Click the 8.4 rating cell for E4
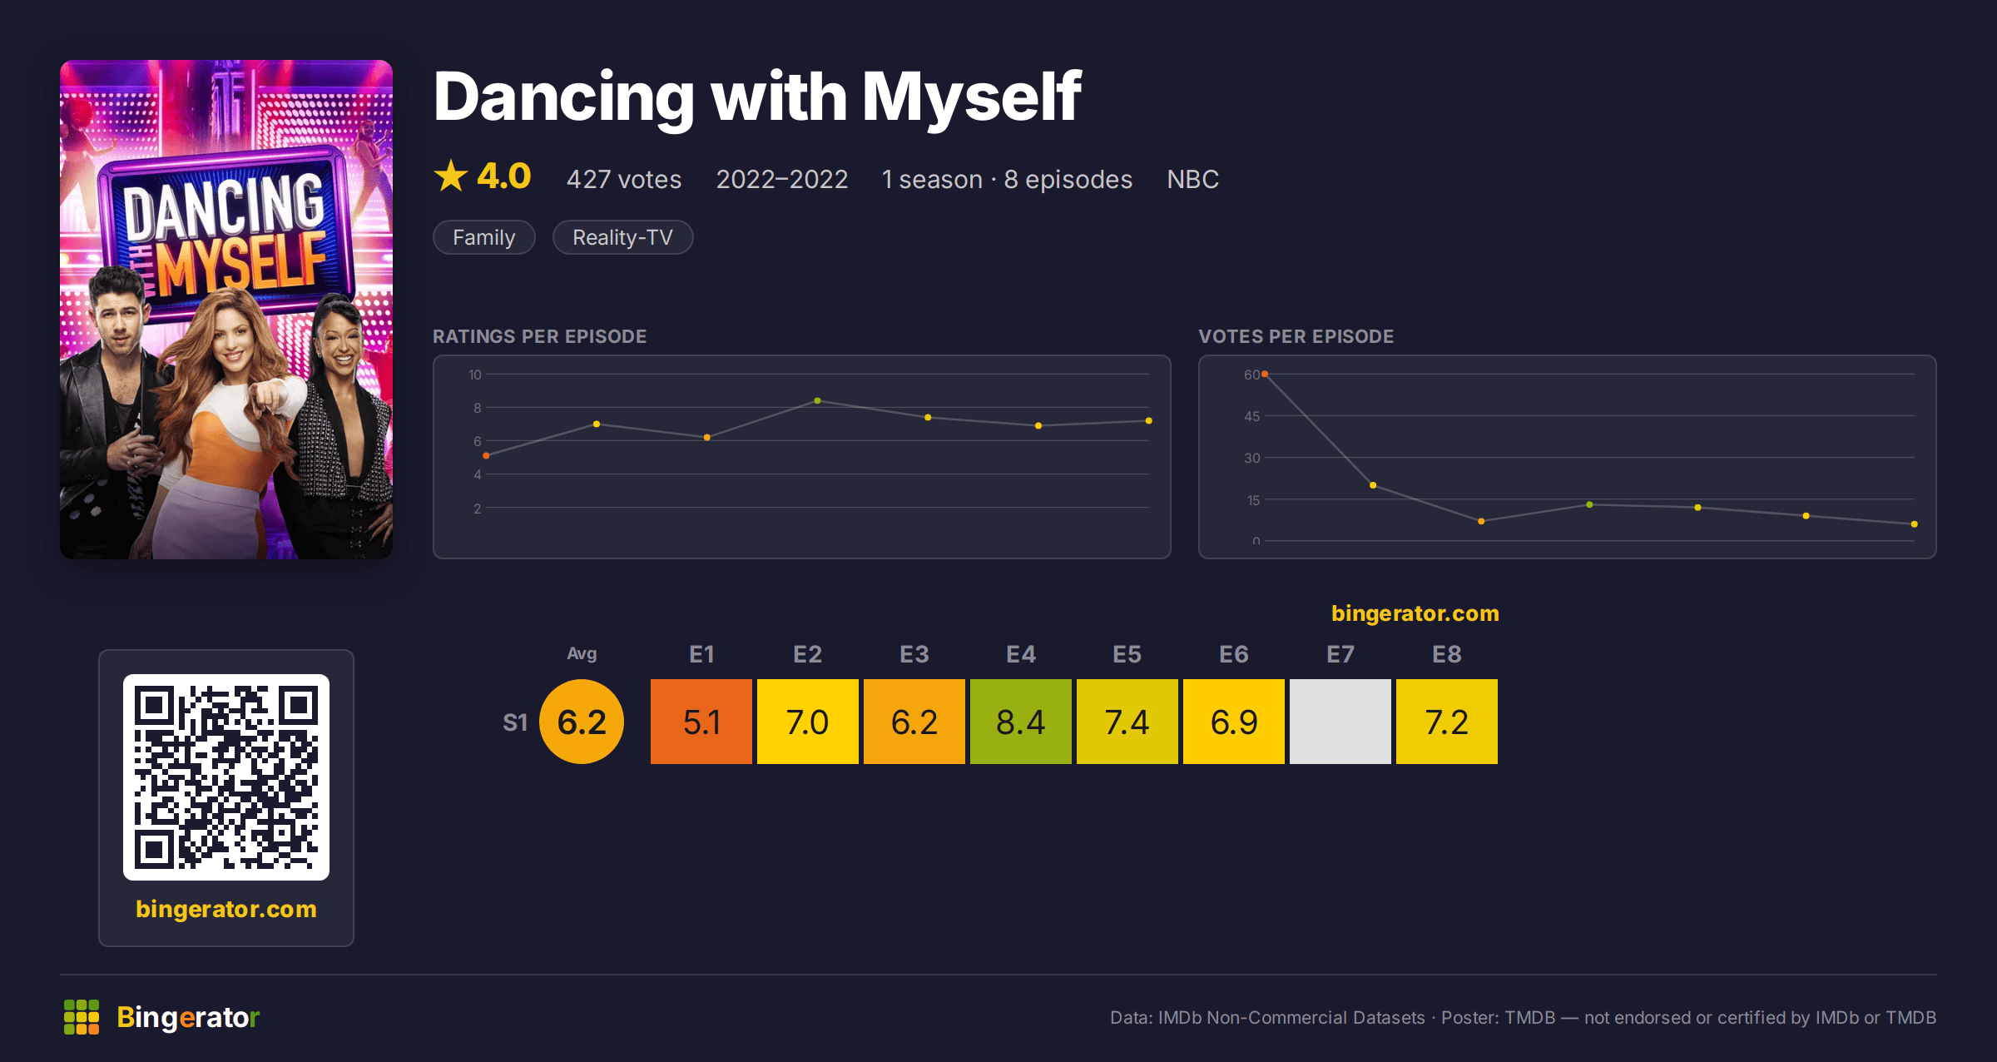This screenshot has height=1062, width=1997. pyautogui.click(x=1021, y=722)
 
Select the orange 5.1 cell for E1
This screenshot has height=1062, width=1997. pyautogui.click(x=701, y=722)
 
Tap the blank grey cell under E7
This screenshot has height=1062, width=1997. pyautogui.click(x=1340, y=722)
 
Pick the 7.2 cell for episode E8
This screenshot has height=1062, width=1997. pyautogui.click(x=1447, y=722)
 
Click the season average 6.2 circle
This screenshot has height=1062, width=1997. pyautogui.click(x=582, y=722)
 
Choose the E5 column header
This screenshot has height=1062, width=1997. pyautogui.click(x=1127, y=654)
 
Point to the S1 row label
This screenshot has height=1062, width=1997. pyautogui.click(x=515, y=722)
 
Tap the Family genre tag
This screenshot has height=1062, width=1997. pyautogui.click(x=484, y=237)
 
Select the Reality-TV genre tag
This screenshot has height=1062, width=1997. pyautogui.click(x=622, y=237)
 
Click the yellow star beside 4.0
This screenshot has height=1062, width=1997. pyautogui.click(x=451, y=176)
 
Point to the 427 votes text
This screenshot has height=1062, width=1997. pyautogui.click(x=624, y=179)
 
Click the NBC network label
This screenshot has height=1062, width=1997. pyautogui.click(x=1192, y=179)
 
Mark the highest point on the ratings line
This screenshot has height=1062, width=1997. pyautogui.click(x=818, y=401)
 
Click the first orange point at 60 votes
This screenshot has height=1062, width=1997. pyautogui.click(x=1265, y=375)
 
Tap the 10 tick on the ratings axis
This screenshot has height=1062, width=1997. pyautogui.click(x=474, y=375)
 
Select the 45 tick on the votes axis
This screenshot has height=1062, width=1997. pyautogui.click(x=1251, y=416)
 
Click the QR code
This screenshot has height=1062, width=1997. pyautogui.click(x=226, y=777)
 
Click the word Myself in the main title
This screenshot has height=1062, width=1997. pyautogui.click(x=972, y=97)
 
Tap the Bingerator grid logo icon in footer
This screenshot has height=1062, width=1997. pyautogui.click(x=82, y=1017)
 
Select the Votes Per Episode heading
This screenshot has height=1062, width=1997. pyautogui.click(x=1296, y=336)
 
